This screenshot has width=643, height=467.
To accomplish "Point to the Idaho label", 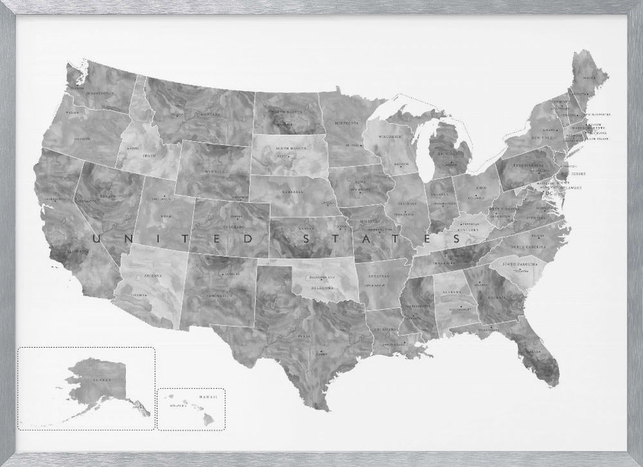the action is [149, 154].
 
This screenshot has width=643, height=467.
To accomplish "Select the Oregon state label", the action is [81, 138].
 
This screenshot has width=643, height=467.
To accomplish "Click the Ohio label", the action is [480, 188].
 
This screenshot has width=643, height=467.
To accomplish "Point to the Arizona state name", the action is [153, 275].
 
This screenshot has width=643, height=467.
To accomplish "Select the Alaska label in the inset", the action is [100, 380].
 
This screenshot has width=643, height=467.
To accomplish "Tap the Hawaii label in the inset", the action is [208, 398].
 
